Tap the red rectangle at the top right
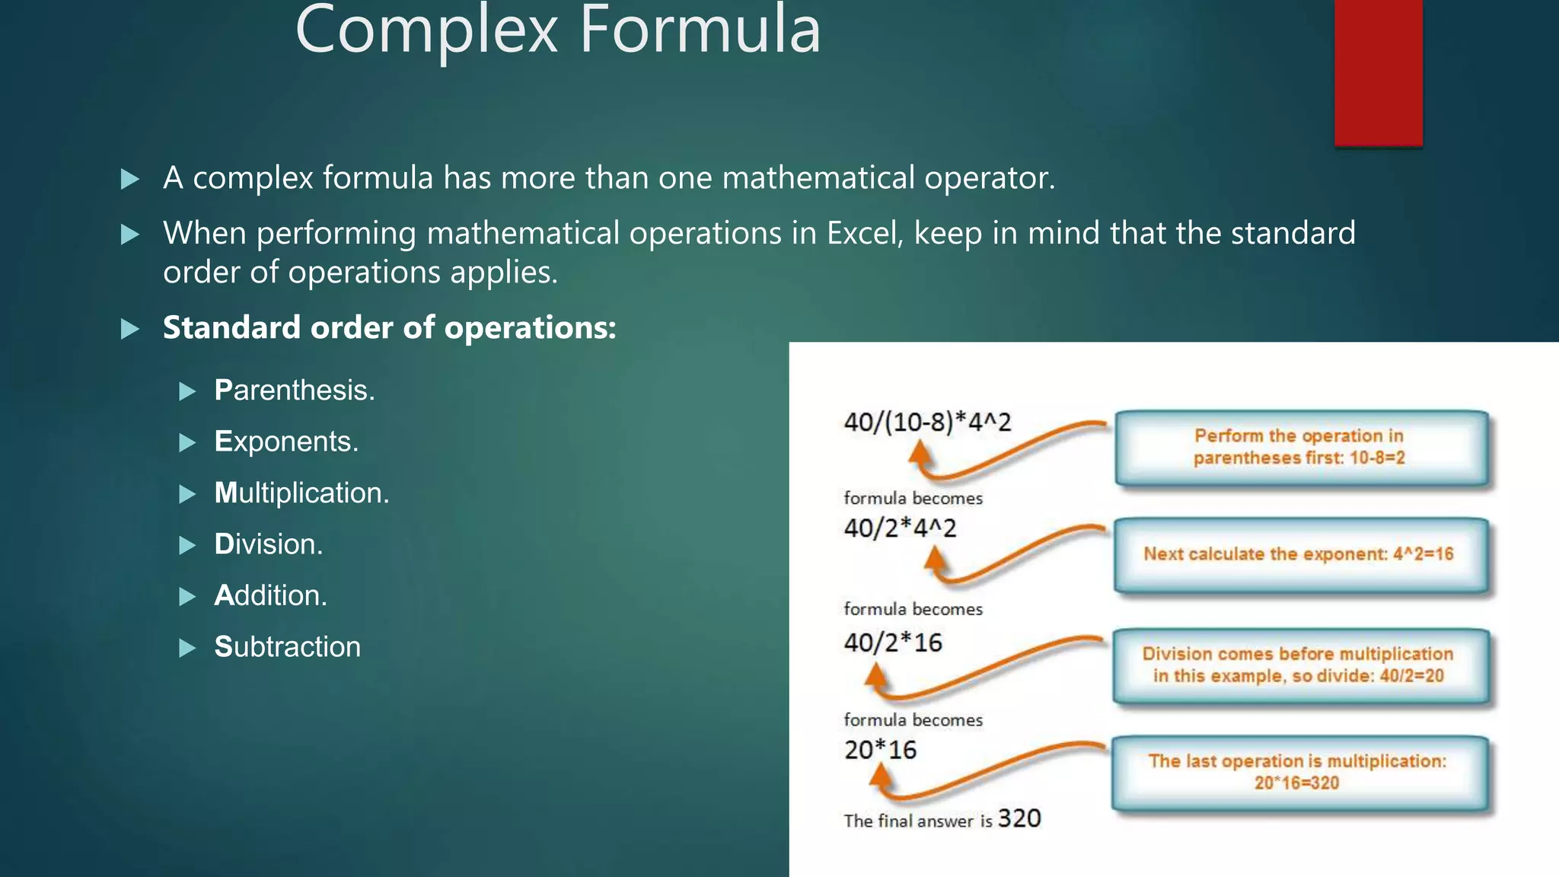point(1378,72)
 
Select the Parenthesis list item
point(295,391)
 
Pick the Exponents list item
point(286,442)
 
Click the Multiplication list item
point(301,493)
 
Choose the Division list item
point(268,544)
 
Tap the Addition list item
point(270,595)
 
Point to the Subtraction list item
point(287,647)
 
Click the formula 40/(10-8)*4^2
point(927,422)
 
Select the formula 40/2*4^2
point(900,528)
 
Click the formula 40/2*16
point(893,643)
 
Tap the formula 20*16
point(880,750)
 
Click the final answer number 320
point(1019,818)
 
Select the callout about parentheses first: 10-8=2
point(1300,448)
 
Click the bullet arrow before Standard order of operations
point(130,329)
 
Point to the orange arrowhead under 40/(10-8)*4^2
point(921,454)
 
